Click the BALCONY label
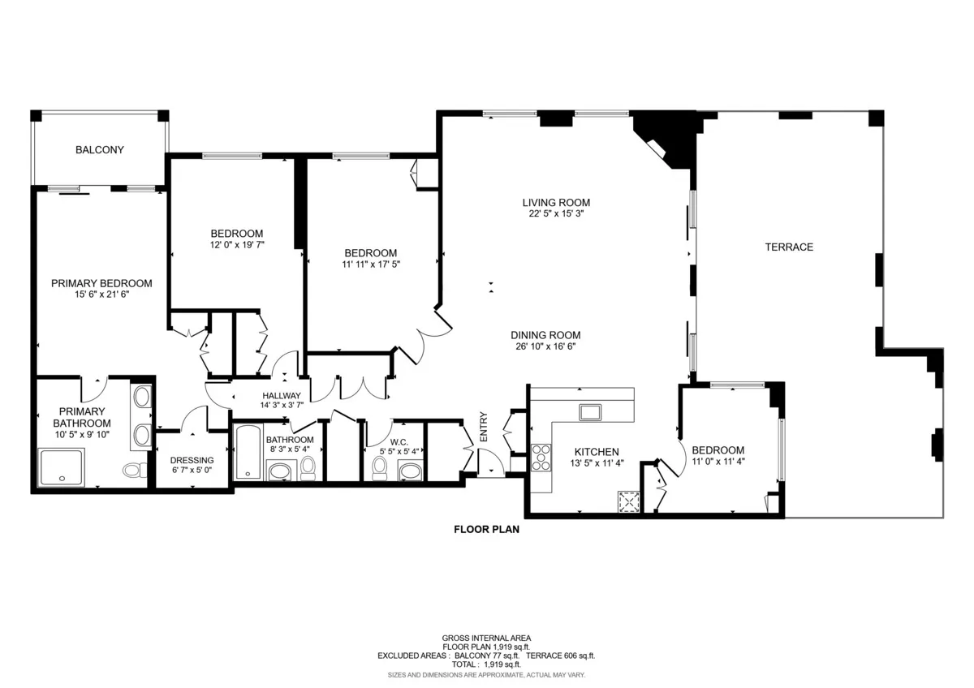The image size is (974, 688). coord(99,150)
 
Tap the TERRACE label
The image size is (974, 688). coord(788,247)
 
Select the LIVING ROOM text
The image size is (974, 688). coord(555,203)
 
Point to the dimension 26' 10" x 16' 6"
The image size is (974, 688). coord(545,346)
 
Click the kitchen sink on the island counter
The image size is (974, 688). coord(590,411)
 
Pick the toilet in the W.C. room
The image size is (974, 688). coord(379,468)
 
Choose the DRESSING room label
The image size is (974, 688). coord(192,461)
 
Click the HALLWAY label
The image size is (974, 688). coord(282,396)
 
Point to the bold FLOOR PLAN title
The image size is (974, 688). coord(485,530)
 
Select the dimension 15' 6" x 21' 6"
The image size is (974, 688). coord(101,295)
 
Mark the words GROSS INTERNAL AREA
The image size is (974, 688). coord(486,638)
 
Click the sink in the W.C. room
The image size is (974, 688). coord(411,470)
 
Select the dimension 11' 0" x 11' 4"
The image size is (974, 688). coord(718,462)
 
